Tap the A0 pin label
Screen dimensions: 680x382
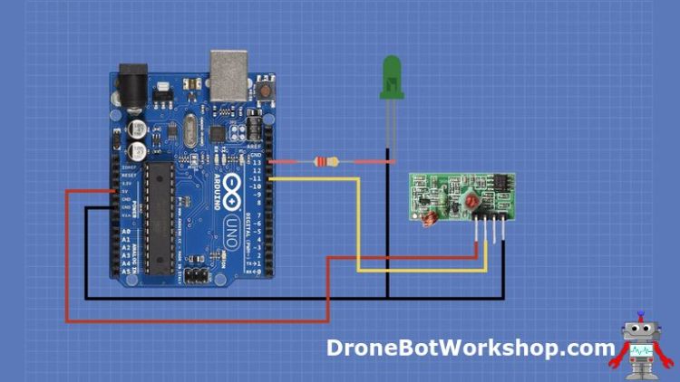pyautogui.click(x=125, y=232)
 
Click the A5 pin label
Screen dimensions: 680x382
pyautogui.click(x=125, y=270)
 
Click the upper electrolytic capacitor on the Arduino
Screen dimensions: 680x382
pyautogui.click(x=137, y=128)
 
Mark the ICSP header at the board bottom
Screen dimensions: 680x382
pyautogui.click(x=196, y=273)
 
